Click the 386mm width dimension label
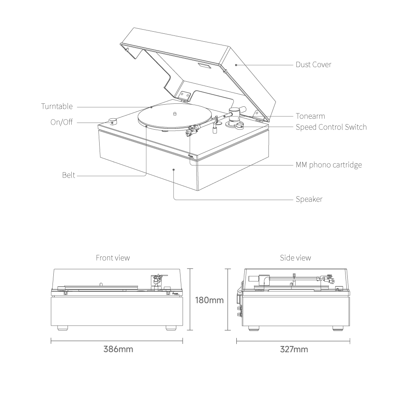click(x=118, y=349)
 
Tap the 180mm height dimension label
click(x=209, y=300)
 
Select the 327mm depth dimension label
click(x=293, y=349)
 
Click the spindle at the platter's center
click(x=175, y=113)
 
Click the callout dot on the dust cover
click(x=236, y=65)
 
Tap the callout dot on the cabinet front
click(x=174, y=170)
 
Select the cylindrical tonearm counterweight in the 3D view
click(x=234, y=112)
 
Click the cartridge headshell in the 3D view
click(x=191, y=132)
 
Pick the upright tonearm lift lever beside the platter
click(x=216, y=128)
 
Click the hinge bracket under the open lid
click(x=185, y=96)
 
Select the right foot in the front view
click(x=171, y=328)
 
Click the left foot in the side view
click(x=253, y=328)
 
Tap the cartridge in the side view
click(x=328, y=280)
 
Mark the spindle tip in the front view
click(x=100, y=284)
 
